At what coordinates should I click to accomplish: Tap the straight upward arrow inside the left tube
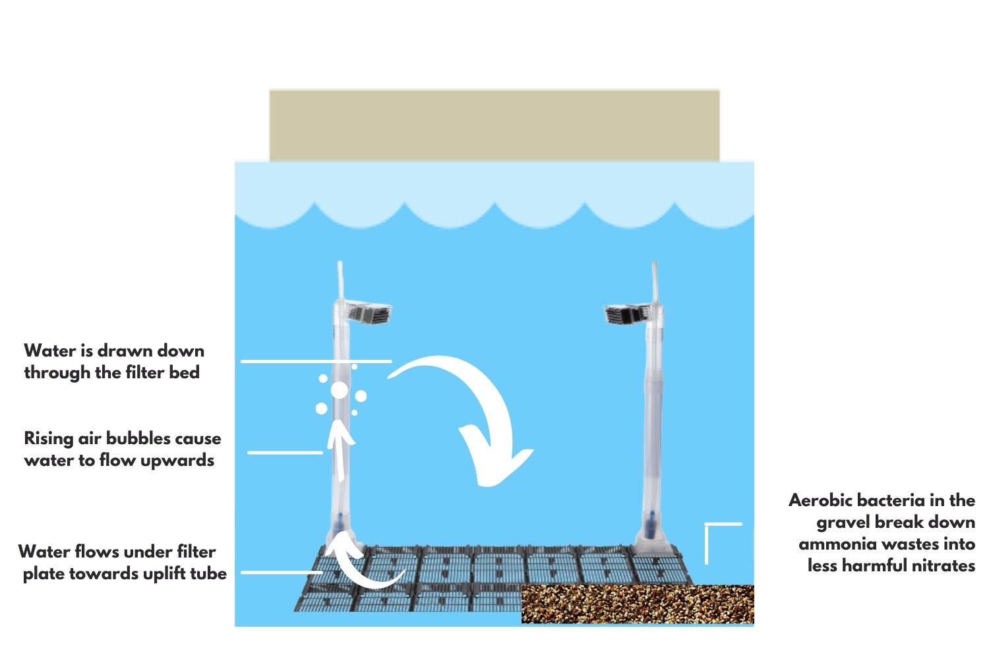pyautogui.click(x=340, y=450)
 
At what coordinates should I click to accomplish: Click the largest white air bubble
pyautogui.click(x=339, y=390)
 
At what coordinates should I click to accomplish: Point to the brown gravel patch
pyautogui.click(x=638, y=604)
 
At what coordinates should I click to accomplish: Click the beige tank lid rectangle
pyautogui.click(x=494, y=125)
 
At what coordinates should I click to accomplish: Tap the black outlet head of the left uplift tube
pyautogui.click(x=369, y=312)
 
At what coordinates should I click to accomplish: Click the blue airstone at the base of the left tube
pyautogui.click(x=339, y=525)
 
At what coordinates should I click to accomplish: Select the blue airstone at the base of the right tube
pyautogui.click(x=651, y=525)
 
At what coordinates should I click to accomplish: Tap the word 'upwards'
pyautogui.click(x=177, y=461)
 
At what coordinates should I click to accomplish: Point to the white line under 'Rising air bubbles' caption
pyautogui.click(x=285, y=453)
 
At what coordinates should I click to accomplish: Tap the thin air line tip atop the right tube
pyautogui.click(x=654, y=264)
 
